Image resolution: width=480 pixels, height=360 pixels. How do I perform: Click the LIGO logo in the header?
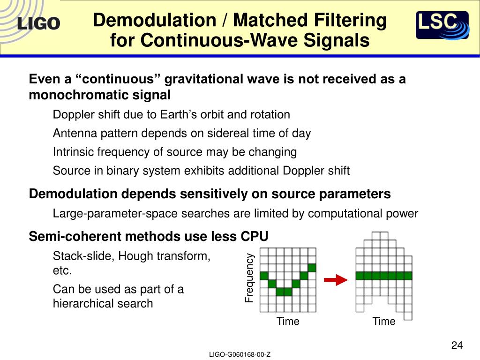point(39,23)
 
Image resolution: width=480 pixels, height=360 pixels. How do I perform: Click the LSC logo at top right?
point(442,25)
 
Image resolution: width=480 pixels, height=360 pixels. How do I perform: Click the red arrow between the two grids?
point(336,280)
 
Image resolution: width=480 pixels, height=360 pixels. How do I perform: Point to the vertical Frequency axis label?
point(249,277)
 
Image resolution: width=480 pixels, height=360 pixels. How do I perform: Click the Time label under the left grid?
point(287,322)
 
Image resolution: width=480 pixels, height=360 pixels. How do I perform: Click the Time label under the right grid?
point(384,322)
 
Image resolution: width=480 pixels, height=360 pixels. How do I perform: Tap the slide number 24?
point(457,345)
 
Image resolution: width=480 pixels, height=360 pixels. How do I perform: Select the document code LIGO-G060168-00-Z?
point(240,355)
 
